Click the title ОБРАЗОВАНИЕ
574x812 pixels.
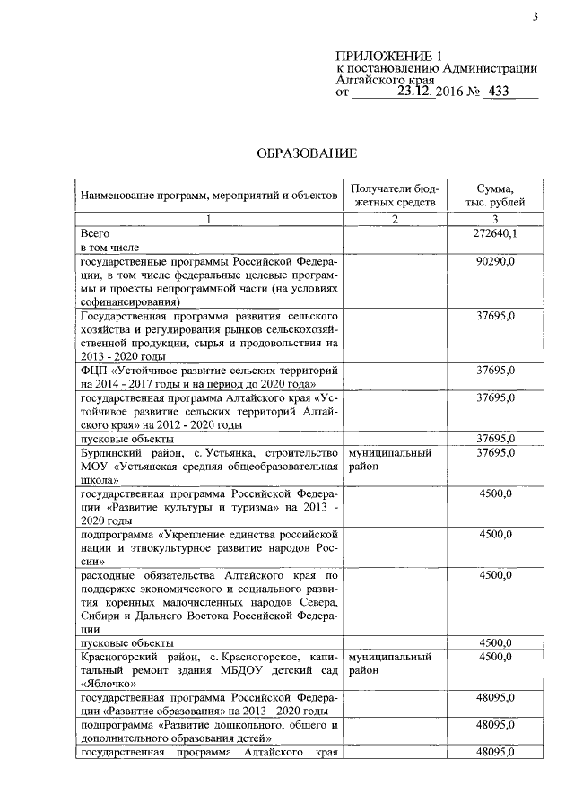click(308, 154)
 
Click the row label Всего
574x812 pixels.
click(94, 232)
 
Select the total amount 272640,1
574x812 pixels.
click(495, 232)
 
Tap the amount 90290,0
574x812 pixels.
click(495, 261)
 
